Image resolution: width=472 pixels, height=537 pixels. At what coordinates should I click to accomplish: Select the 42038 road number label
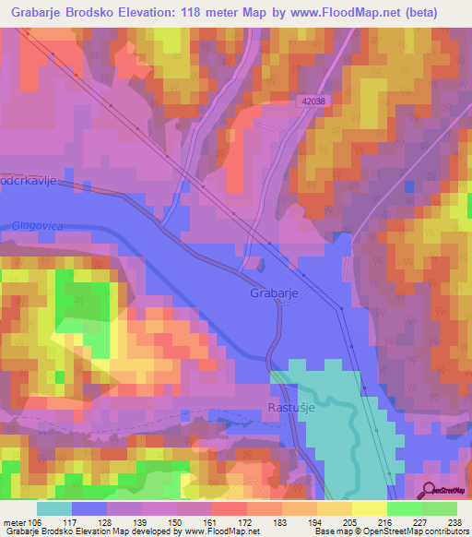[x=313, y=101]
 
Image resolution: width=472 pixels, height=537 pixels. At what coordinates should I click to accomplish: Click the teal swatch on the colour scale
[x=54, y=508]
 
